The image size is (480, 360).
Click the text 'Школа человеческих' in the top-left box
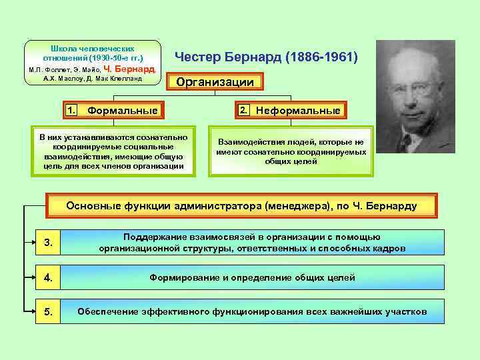point(93,49)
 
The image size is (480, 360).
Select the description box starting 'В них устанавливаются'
point(113,151)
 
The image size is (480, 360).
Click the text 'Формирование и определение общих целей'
point(252,277)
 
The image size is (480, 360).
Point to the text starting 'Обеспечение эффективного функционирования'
point(252,311)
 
